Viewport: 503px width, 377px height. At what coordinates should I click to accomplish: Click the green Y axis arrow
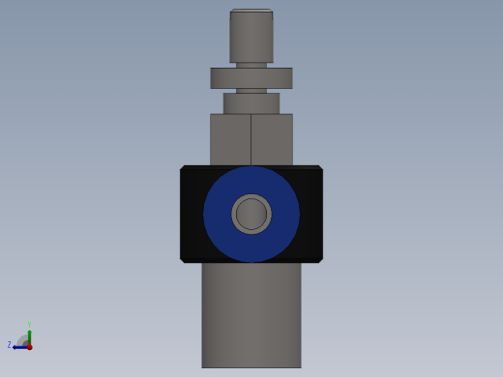[x=29, y=335]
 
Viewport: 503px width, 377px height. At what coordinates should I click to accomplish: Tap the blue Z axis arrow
[x=18, y=346]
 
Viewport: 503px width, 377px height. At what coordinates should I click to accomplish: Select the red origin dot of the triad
[x=29, y=346]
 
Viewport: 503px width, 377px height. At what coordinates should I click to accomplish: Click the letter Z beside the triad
[x=10, y=345]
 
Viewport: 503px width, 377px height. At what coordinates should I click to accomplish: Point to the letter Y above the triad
[x=29, y=325]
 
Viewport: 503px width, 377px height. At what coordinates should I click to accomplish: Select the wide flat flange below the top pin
[x=251, y=77]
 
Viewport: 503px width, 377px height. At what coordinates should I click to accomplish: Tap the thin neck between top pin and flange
[x=251, y=65]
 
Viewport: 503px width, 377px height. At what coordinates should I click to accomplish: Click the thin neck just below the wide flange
[x=251, y=90]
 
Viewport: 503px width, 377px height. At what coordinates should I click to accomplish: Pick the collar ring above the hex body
[x=251, y=102]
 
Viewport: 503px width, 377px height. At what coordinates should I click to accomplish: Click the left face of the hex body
[x=230, y=139]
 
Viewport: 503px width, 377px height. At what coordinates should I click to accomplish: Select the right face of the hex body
[x=272, y=139]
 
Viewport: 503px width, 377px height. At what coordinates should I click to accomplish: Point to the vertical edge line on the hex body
[x=251, y=139]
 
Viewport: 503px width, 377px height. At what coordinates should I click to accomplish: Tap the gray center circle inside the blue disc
[x=251, y=214]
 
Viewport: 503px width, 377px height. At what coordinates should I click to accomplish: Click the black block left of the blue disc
[x=192, y=214]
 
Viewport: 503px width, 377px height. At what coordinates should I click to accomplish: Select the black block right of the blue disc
[x=311, y=214]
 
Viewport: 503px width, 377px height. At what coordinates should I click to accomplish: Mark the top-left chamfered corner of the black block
[x=183, y=168]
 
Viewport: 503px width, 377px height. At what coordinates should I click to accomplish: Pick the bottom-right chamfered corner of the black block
[x=319, y=259]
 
